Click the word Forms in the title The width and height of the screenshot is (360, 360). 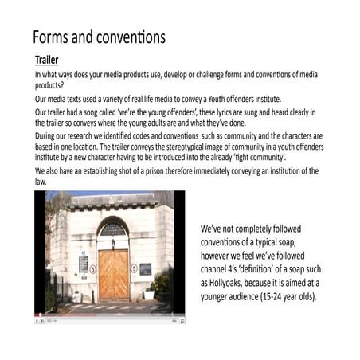(x=53, y=37)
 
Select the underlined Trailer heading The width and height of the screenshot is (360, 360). (x=46, y=60)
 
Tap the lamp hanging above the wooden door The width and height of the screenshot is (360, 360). (x=113, y=242)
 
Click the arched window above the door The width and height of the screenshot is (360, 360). (x=114, y=229)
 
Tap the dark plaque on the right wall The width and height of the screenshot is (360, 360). (x=145, y=268)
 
